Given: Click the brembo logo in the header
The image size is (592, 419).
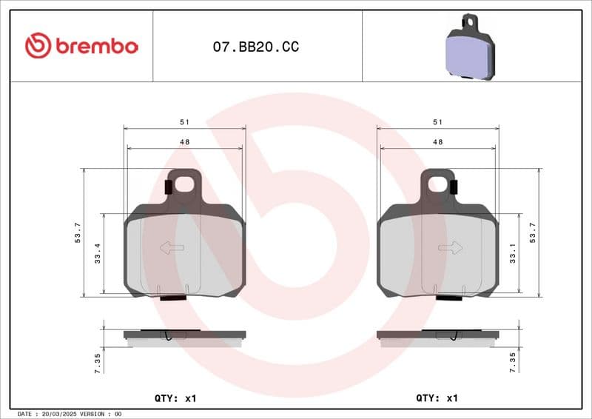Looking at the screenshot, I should click(x=81, y=46).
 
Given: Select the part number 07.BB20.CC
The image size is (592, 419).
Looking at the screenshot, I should click(x=256, y=47).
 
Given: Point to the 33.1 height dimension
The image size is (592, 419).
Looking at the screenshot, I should click(x=513, y=255).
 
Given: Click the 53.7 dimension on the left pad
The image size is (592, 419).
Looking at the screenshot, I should click(x=77, y=232).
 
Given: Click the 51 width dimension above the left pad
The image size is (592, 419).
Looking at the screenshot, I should click(x=184, y=121).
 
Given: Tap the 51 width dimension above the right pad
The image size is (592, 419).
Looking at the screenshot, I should click(x=437, y=121).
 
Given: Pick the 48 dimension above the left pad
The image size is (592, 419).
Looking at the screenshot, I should click(x=184, y=141).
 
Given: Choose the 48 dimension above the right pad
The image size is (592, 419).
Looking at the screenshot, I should click(x=437, y=141).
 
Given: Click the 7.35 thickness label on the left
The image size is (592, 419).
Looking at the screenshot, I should click(x=98, y=361).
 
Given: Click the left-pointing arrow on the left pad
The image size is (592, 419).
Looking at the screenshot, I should click(x=172, y=248).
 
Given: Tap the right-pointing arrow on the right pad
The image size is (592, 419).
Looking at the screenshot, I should click(x=450, y=248).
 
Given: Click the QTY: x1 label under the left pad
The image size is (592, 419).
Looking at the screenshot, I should click(x=175, y=398).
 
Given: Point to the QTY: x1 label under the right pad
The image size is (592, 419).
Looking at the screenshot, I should click(x=437, y=398).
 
